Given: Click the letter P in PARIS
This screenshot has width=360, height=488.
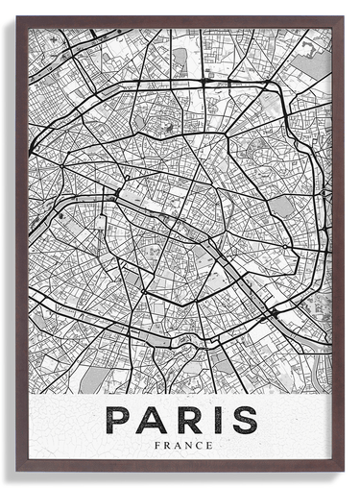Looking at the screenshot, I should click(x=118, y=420).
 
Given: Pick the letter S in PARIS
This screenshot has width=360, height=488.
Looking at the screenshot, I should click(x=242, y=420).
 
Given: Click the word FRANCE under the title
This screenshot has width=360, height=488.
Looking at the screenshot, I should click(x=180, y=445).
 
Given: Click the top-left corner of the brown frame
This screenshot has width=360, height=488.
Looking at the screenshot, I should click(x=16, y=17).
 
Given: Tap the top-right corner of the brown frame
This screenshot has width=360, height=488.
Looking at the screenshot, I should click(x=343, y=17).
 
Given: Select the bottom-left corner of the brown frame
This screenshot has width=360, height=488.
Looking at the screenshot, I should click(x=16, y=471).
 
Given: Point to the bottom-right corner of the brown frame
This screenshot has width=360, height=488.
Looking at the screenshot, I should click(x=343, y=471).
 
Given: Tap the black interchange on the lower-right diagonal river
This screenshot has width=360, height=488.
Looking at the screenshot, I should click(x=275, y=313).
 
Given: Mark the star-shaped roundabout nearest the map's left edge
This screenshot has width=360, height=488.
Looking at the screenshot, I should click(x=62, y=165).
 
